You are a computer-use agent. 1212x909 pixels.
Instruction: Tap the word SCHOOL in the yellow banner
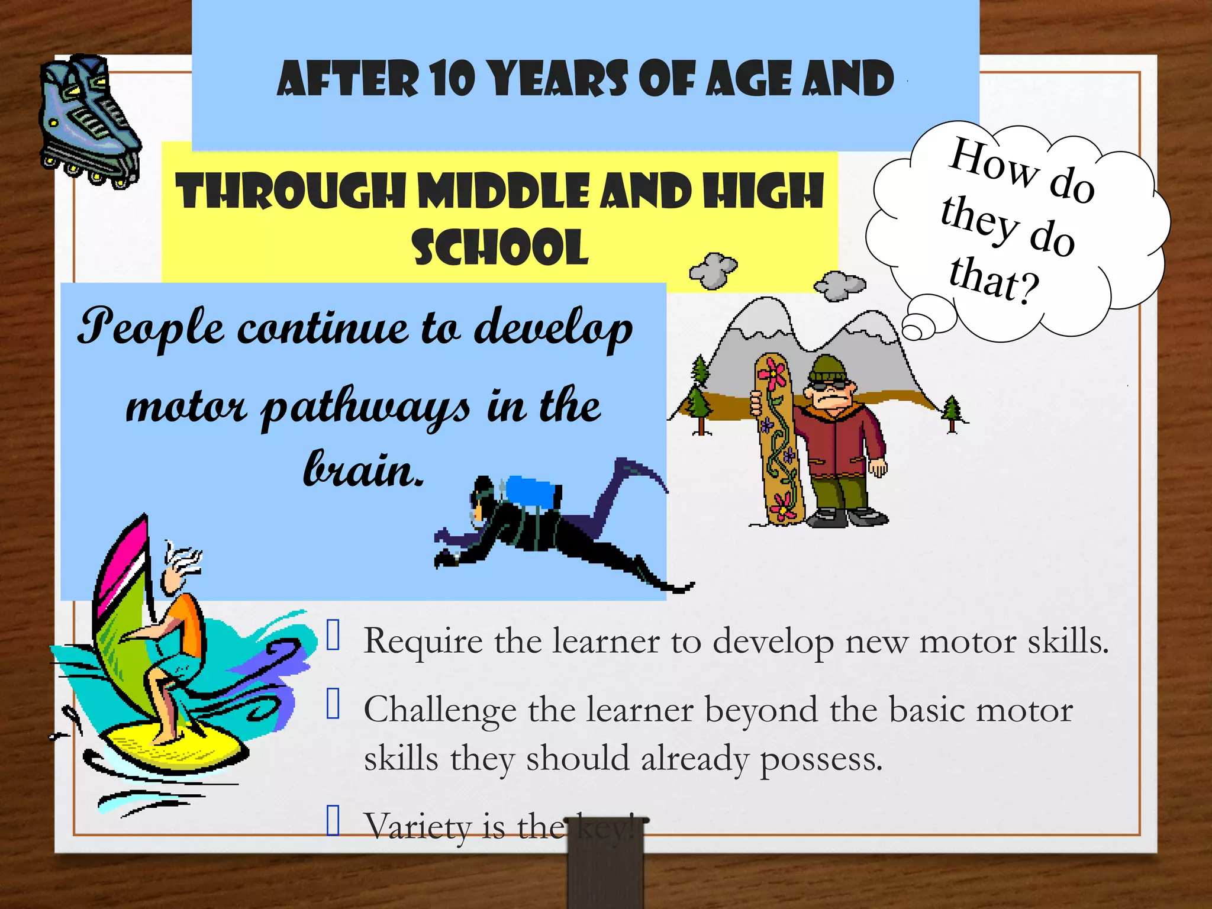click(x=500, y=247)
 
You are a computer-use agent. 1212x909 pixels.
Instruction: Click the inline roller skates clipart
click(x=89, y=121)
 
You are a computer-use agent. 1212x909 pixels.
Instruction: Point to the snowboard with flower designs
click(x=776, y=438)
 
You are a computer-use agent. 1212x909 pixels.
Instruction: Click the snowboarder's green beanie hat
click(x=828, y=370)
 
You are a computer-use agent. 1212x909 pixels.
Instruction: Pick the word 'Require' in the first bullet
click(x=423, y=642)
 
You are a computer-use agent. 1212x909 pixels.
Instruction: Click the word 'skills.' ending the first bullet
click(x=1068, y=642)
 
